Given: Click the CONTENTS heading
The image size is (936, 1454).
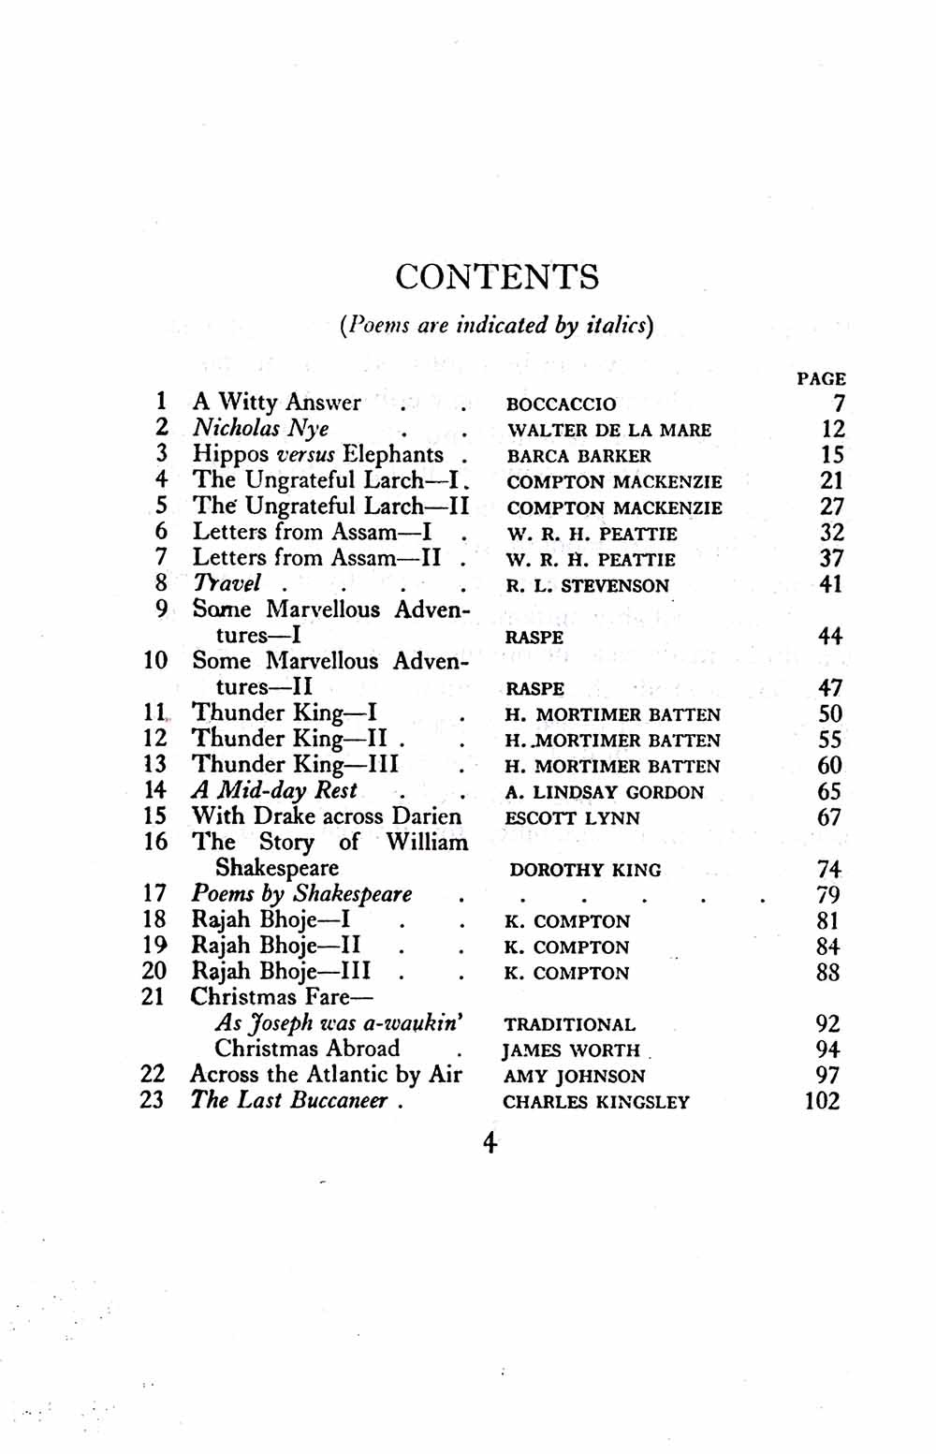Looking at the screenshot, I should pyautogui.click(x=496, y=277).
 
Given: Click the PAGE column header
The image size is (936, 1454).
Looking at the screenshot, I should pyautogui.click(x=821, y=379).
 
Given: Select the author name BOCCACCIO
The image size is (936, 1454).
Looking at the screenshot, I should pyautogui.click(x=561, y=404).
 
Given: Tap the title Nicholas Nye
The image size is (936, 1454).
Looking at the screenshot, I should pyautogui.click(x=261, y=429).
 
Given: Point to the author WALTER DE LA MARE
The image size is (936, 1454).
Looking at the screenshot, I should pyautogui.click(x=609, y=431).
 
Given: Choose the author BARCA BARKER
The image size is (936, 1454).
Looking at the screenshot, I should pyautogui.click(x=578, y=456).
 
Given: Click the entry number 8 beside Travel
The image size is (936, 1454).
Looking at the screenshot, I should pyautogui.click(x=162, y=583).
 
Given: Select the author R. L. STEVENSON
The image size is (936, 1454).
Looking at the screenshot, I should pyautogui.click(x=588, y=586).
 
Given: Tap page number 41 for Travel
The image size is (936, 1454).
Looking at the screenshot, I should pyautogui.click(x=830, y=584).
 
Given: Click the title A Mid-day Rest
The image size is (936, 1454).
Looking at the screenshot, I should pyautogui.click(x=274, y=790).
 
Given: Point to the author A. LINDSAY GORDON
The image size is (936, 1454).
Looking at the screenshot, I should pyautogui.click(x=604, y=792).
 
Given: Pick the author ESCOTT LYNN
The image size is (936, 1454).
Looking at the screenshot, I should pyautogui.click(x=572, y=818).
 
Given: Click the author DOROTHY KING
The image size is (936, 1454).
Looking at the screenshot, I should pyautogui.click(x=585, y=870).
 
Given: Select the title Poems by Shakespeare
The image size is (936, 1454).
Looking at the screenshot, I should pyautogui.click(x=301, y=894).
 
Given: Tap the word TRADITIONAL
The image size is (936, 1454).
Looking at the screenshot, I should pyautogui.click(x=569, y=1024).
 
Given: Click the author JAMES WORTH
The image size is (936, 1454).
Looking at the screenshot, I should pyautogui.click(x=571, y=1050).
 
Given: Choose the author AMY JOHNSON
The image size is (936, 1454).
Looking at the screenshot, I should pyautogui.click(x=574, y=1077).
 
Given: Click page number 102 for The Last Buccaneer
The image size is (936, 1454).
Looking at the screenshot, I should pyautogui.click(x=822, y=1101).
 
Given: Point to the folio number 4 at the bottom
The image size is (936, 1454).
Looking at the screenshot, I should pyautogui.click(x=490, y=1143).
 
